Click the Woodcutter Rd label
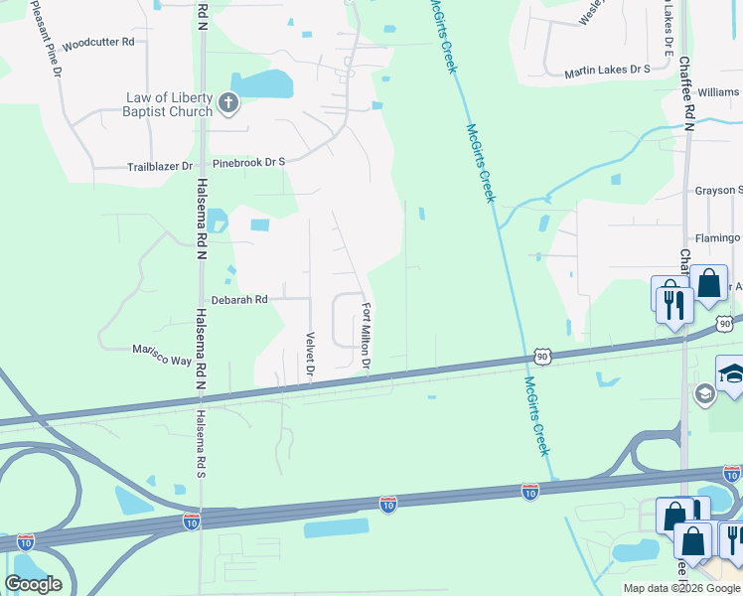pos(97,43)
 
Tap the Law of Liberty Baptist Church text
pos(169,104)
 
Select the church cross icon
pos(227,101)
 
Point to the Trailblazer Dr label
pos(159,166)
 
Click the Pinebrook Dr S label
pos(248,161)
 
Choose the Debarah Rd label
pos(239,299)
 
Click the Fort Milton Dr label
pos(367,336)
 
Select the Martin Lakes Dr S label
pos(606,71)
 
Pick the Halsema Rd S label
pos(200,443)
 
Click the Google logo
pos(33,583)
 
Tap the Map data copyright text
pos(682,588)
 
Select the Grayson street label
pos(718,190)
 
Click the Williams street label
pos(719,91)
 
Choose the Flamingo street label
pos(718,238)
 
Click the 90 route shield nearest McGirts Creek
pos(540,355)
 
